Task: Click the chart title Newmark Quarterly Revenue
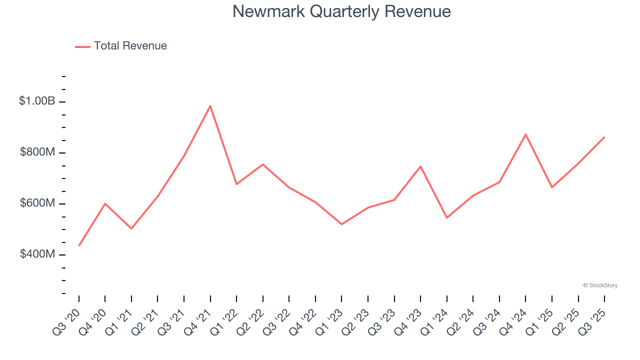click(341, 11)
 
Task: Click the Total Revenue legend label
click(130, 46)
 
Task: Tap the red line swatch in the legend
click(82, 46)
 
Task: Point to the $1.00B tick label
click(37, 101)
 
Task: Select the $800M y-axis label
click(37, 152)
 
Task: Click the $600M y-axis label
click(37, 203)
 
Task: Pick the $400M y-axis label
click(37, 254)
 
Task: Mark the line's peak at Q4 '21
click(210, 105)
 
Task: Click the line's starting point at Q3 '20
click(79, 245)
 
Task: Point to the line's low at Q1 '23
click(342, 224)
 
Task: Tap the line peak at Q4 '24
click(525, 134)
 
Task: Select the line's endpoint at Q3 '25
click(604, 136)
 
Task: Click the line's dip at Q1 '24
click(447, 217)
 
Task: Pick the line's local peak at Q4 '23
click(420, 166)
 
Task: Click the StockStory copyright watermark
click(600, 285)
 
